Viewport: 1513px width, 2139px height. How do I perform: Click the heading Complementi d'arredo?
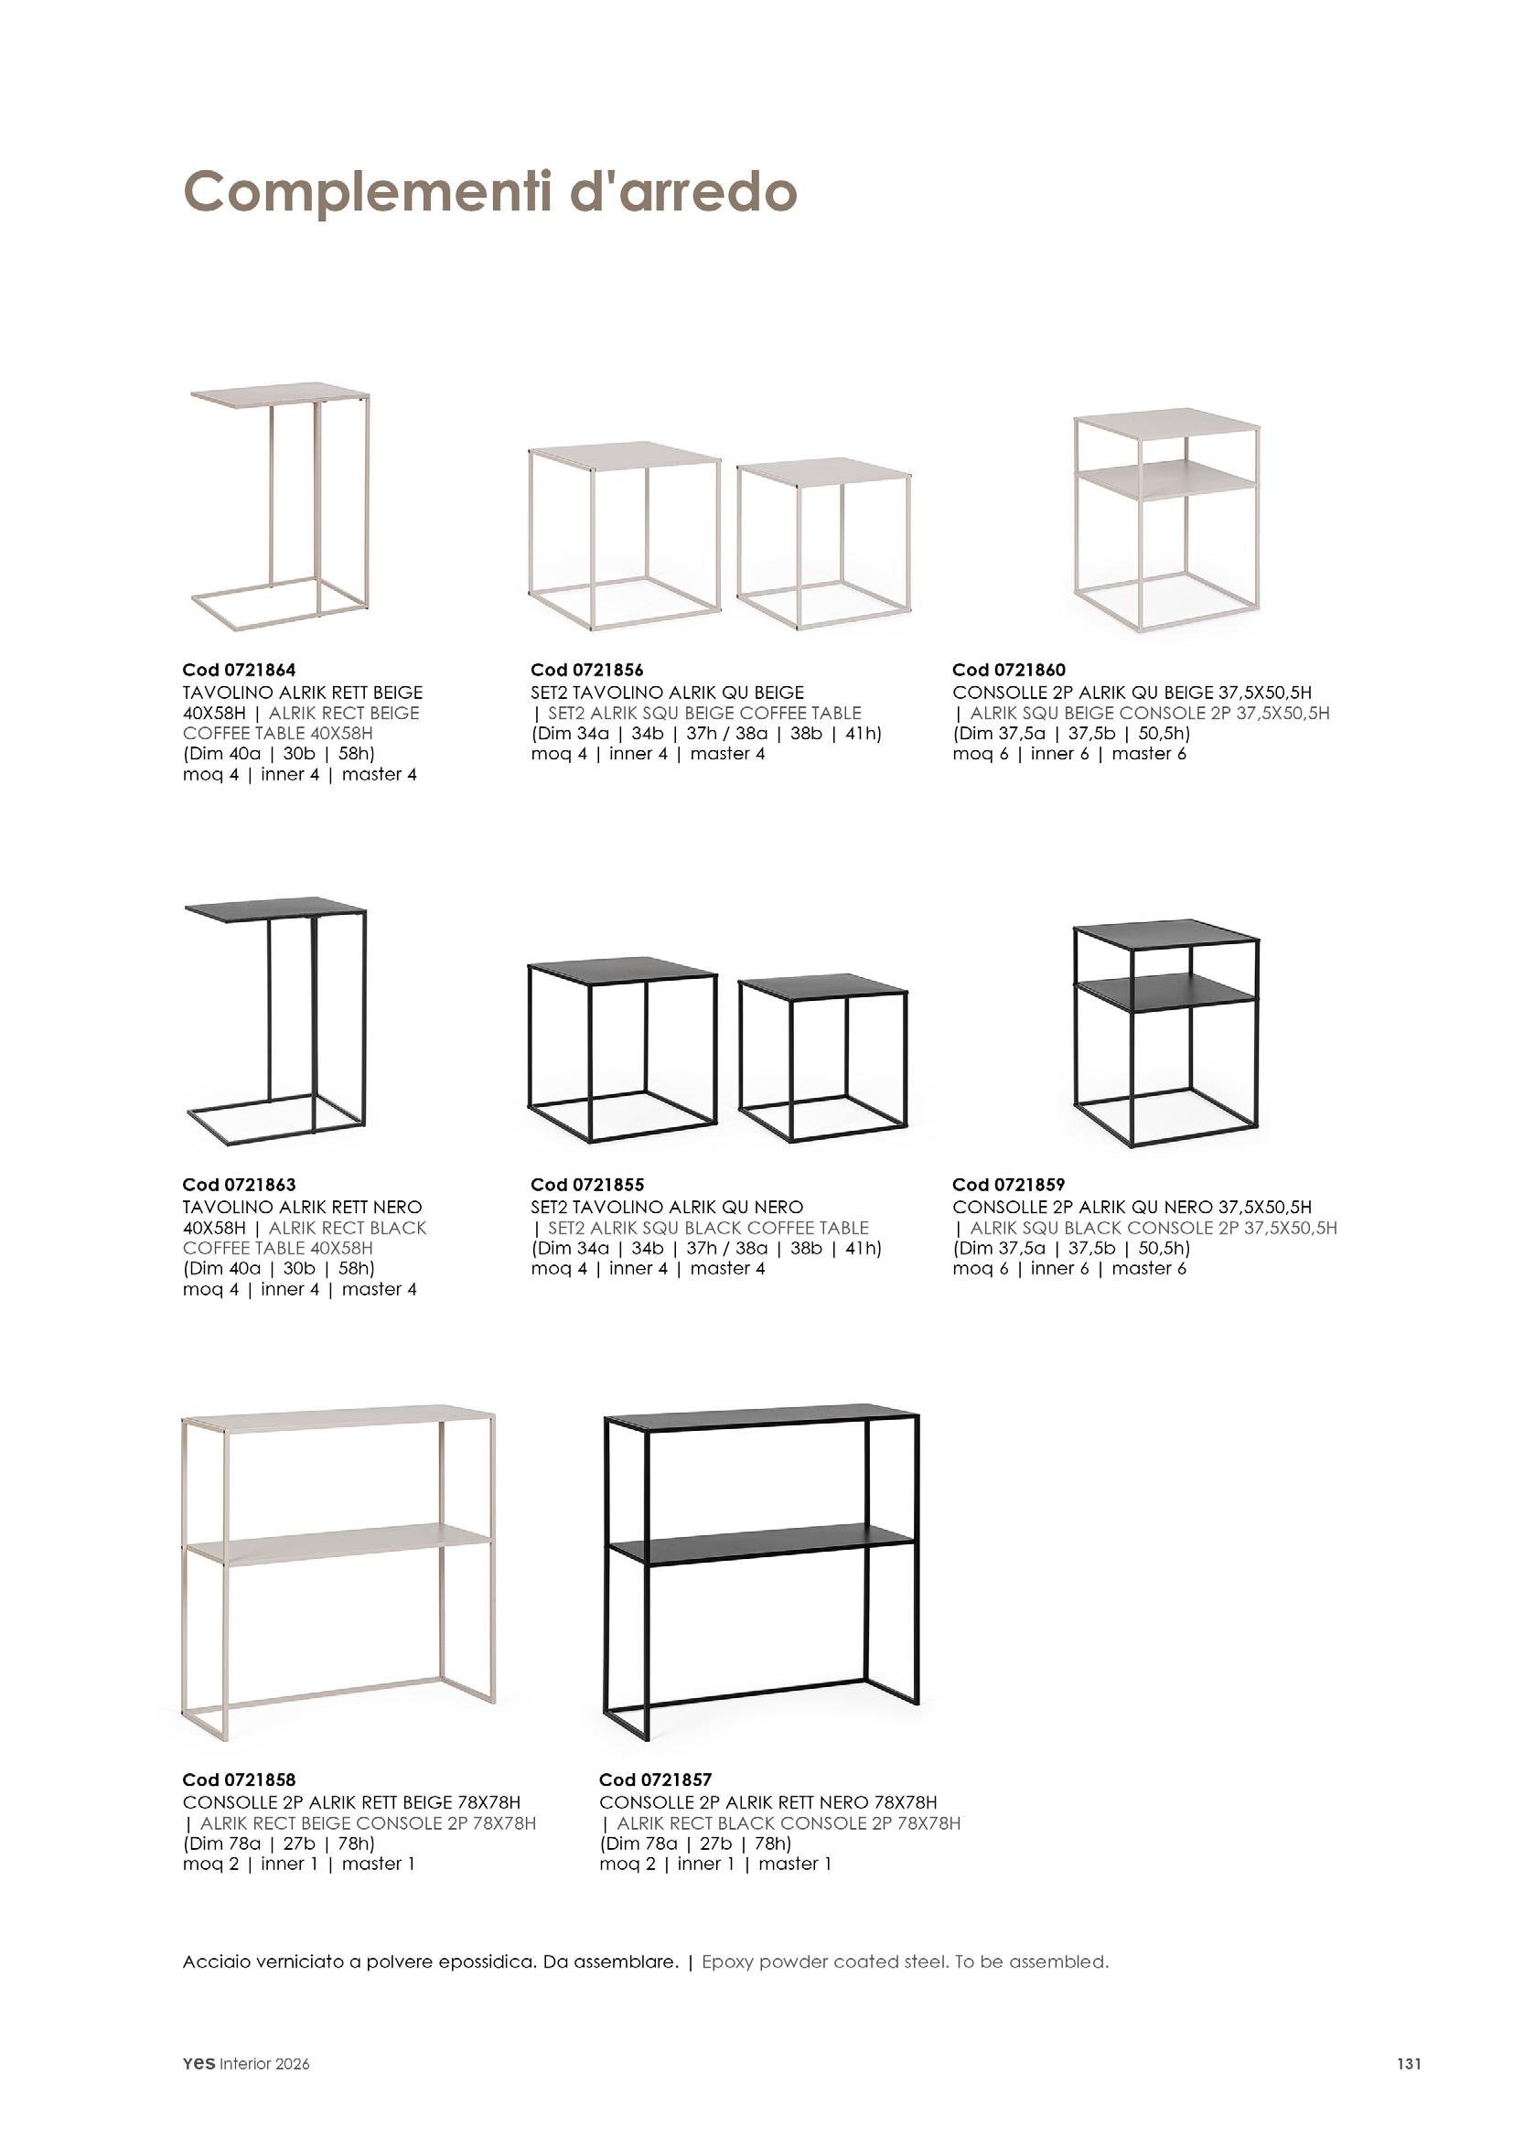coord(489,192)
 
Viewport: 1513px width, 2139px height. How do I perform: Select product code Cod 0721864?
coord(239,670)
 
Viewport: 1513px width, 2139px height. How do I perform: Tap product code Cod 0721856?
coord(587,670)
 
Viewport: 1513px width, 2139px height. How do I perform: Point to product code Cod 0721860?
coord(1009,670)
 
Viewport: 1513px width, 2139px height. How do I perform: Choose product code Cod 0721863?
coord(239,1185)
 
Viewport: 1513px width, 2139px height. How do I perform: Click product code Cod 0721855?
coord(587,1185)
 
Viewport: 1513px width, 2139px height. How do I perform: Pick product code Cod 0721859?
coord(1009,1185)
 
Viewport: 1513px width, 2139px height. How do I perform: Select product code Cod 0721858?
coord(239,1780)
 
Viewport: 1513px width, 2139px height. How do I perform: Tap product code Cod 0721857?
coord(656,1780)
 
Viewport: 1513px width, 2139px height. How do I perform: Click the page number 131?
coord(1409,2064)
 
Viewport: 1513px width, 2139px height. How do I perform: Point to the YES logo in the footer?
coord(199,2064)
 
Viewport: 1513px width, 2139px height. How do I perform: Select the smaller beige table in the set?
coord(823,541)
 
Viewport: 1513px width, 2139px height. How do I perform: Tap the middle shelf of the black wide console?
coord(759,1548)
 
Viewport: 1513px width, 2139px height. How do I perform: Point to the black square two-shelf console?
coord(1165,1034)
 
